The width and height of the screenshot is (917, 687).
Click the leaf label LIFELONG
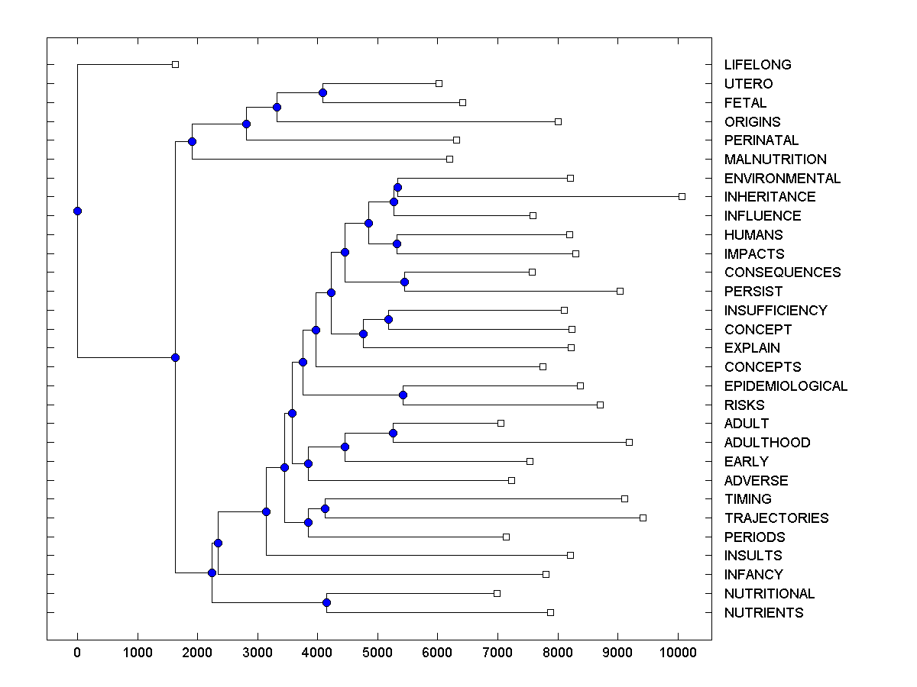pyautogui.click(x=757, y=65)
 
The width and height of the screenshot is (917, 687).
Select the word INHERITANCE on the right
pyautogui.click(x=770, y=197)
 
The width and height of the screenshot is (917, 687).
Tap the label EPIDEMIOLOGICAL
pyautogui.click(x=786, y=386)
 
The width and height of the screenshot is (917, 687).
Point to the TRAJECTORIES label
pyautogui.click(x=776, y=518)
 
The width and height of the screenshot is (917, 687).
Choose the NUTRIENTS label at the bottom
pyautogui.click(x=763, y=613)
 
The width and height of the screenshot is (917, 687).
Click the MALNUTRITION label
pyautogui.click(x=775, y=160)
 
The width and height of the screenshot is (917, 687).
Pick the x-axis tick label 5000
pyautogui.click(x=377, y=653)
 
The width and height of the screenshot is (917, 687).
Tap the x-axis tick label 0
pyautogui.click(x=77, y=653)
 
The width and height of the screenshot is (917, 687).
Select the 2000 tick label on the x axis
pyautogui.click(x=197, y=653)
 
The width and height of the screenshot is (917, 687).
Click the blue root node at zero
pyautogui.click(x=77, y=211)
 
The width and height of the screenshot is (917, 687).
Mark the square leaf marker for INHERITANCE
pyautogui.click(x=682, y=196)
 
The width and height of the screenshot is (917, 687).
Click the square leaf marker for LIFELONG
pyautogui.click(x=175, y=64)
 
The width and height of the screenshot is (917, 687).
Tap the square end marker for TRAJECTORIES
pyautogui.click(x=643, y=518)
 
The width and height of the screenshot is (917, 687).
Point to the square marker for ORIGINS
pyautogui.click(x=558, y=121)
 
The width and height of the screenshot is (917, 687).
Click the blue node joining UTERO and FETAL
pyautogui.click(x=322, y=92)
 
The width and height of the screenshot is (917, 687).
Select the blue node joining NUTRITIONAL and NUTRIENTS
pyautogui.click(x=326, y=603)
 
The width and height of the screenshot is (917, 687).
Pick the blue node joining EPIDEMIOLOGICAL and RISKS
pyautogui.click(x=403, y=395)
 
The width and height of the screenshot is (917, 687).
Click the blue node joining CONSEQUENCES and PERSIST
pyautogui.click(x=405, y=282)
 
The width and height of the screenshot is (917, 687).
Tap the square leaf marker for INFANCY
pyautogui.click(x=546, y=574)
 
